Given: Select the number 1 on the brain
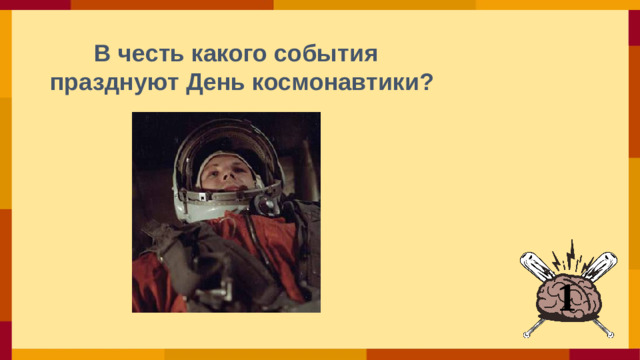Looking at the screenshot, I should (x=566, y=296).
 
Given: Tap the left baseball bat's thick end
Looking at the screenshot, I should (x=531, y=263).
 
